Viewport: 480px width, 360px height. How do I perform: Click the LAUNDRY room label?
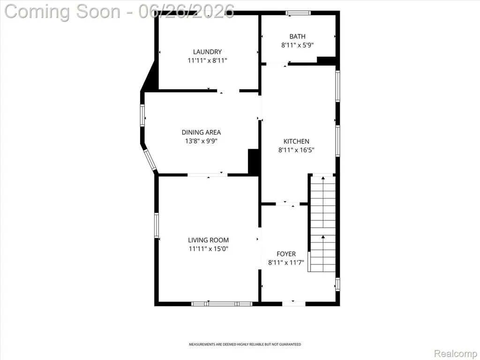click(x=207, y=52)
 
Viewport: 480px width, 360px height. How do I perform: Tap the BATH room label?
click(x=297, y=37)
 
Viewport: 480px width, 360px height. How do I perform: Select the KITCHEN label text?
click(x=296, y=142)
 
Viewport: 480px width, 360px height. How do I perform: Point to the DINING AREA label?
click(x=201, y=132)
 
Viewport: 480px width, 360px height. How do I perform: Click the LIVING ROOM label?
click(x=209, y=240)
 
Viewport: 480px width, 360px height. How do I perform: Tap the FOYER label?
click(x=286, y=254)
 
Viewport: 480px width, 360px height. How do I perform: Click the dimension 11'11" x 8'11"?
click(x=207, y=60)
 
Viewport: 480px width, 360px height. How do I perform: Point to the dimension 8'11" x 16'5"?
click(x=296, y=150)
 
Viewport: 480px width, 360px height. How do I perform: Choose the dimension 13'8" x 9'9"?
click(x=201, y=141)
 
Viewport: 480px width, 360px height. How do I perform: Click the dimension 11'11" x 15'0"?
click(x=209, y=248)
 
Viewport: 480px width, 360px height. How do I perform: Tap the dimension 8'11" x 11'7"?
click(x=286, y=262)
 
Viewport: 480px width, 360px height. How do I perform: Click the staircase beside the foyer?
click(x=323, y=223)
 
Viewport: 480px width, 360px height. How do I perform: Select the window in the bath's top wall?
click(x=298, y=13)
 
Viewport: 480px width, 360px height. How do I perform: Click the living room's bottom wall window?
click(x=222, y=304)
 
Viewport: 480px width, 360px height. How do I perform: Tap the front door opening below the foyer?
click(x=293, y=304)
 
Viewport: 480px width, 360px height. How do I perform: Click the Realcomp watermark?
click(x=456, y=353)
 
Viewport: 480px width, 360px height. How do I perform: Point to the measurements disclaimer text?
click(x=245, y=345)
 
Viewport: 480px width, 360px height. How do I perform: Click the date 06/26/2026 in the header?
click(x=187, y=11)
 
